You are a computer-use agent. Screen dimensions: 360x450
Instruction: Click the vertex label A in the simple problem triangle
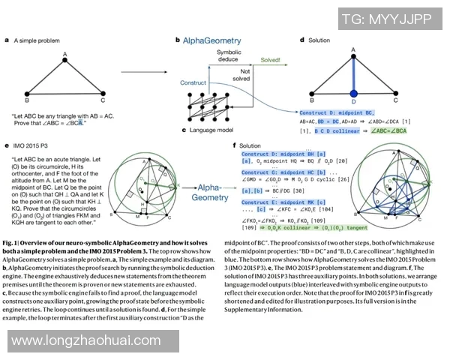(x=65, y=53)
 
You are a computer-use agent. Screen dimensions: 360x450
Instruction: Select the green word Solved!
(x=271, y=58)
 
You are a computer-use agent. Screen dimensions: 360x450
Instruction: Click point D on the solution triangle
(x=353, y=101)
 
